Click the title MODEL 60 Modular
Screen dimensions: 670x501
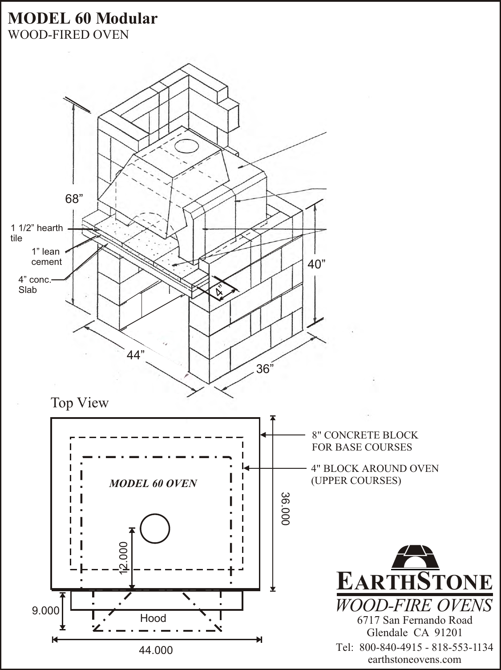83,18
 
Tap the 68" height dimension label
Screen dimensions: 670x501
74,199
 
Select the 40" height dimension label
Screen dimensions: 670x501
317,265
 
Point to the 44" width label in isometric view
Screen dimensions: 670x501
137,355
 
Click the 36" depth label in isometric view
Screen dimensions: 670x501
265,369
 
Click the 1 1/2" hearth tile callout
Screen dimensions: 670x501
36,233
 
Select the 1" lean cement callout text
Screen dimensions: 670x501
46,257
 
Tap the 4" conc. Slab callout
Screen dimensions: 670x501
35,284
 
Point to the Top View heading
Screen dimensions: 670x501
80,403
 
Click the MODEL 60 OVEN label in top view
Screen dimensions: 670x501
153,484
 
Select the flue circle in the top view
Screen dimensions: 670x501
155,529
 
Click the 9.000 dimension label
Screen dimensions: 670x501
45,611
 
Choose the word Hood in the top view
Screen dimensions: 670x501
153,618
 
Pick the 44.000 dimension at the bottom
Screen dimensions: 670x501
156,650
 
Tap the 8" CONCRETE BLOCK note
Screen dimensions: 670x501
364,441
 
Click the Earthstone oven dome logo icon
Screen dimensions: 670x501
414,557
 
